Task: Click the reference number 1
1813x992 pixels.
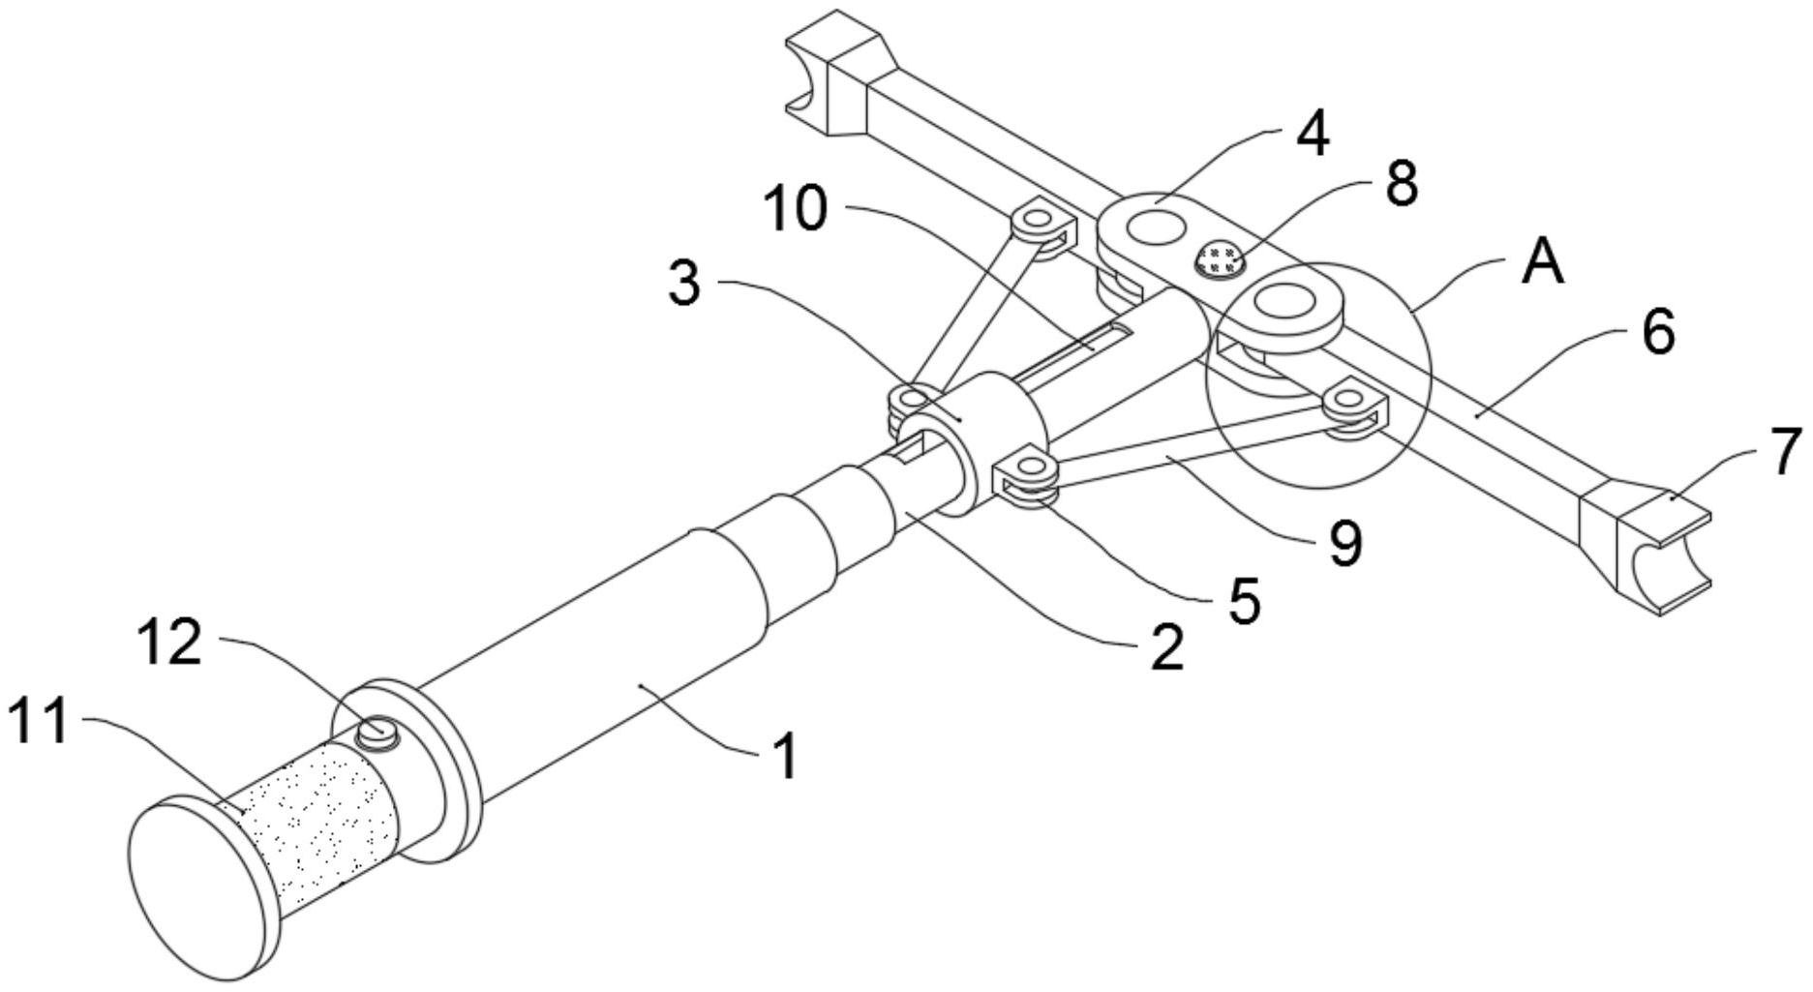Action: click(786, 757)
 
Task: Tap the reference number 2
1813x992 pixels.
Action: click(1166, 647)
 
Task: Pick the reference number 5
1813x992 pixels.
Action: click(1244, 600)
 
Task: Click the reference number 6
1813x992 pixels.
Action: click(1657, 332)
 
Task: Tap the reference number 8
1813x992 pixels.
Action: click(1401, 183)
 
